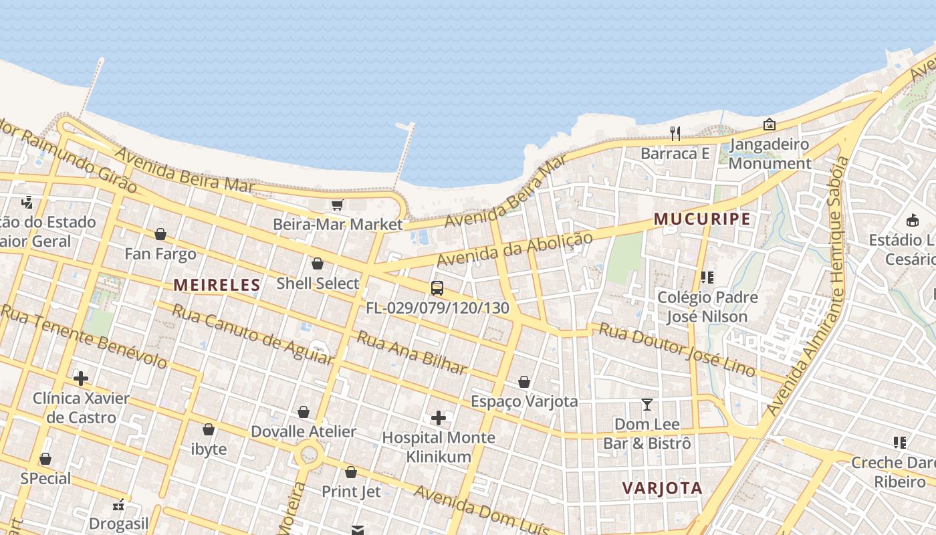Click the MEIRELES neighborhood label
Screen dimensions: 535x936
tap(217, 285)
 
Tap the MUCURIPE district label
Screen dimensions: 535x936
tap(702, 219)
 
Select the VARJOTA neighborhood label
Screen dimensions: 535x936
tap(662, 488)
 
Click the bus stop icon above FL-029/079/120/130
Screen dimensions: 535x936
tap(437, 288)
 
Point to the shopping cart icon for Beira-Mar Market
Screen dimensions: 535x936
tap(338, 205)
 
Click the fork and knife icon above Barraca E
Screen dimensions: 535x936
tap(675, 134)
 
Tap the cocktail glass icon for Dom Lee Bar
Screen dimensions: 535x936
tap(647, 405)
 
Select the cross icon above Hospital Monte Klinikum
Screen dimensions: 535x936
tap(439, 418)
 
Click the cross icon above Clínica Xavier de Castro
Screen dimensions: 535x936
tap(81, 379)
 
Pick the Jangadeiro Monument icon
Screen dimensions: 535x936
tap(770, 124)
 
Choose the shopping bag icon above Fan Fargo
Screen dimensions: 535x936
tap(160, 234)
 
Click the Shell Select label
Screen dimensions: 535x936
tap(318, 283)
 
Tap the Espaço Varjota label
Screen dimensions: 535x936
tap(524, 401)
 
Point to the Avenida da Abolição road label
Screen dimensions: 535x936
tap(515, 249)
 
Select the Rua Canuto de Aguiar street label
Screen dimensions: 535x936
tap(252, 334)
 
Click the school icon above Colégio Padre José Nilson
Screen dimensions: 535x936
tap(707, 277)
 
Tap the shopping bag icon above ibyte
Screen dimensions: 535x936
tap(209, 429)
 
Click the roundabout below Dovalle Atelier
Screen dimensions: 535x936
tap(309, 455)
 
